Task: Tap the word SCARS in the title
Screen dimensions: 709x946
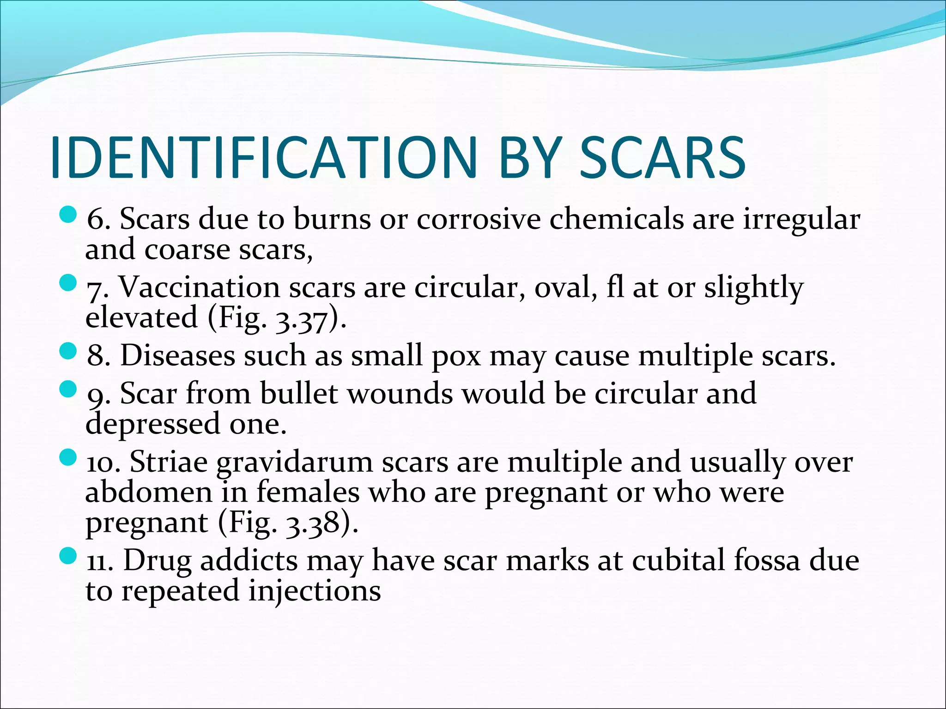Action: [662, 157]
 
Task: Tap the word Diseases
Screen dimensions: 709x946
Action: [178, 356]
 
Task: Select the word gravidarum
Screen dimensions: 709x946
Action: [294, 463]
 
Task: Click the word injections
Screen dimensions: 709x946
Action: [315, 592]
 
